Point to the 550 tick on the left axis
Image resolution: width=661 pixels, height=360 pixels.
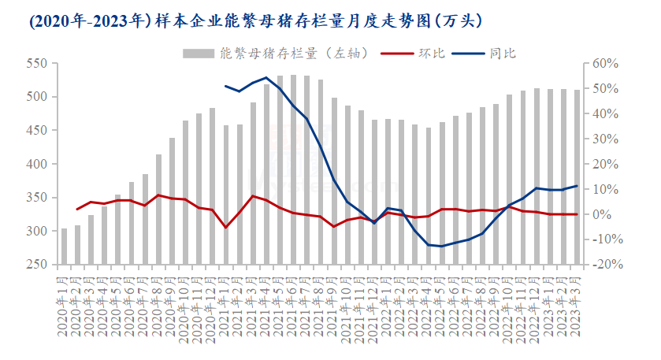click(37, 63)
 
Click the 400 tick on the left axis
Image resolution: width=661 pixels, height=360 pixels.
click(37, 164)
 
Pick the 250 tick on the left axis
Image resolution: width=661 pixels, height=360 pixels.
click(37, 265)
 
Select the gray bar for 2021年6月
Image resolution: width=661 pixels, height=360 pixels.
click(293, 170)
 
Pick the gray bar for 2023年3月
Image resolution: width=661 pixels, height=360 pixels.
click(577, 177)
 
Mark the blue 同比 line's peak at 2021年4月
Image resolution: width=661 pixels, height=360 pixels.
click(266, 78)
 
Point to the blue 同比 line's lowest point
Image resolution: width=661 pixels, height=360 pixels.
click(442, 247)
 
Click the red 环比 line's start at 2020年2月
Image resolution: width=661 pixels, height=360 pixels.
click(77, 210)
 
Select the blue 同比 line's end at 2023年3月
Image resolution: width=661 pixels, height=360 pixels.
click(577, 186)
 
